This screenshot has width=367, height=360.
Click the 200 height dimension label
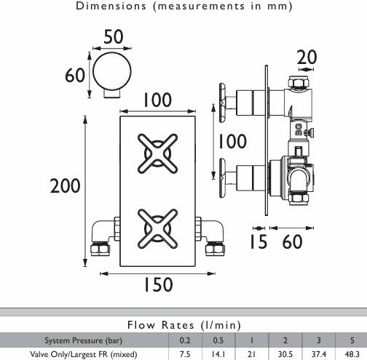point(65,185)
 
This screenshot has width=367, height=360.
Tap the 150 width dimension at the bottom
point(158,284)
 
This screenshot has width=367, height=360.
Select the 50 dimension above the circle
point(114,37)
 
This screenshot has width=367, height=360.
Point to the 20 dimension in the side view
point(307,57)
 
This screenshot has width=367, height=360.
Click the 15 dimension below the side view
point(259,241)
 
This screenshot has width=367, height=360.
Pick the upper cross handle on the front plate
point(157,153)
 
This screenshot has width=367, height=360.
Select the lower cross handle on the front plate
point(157,228)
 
